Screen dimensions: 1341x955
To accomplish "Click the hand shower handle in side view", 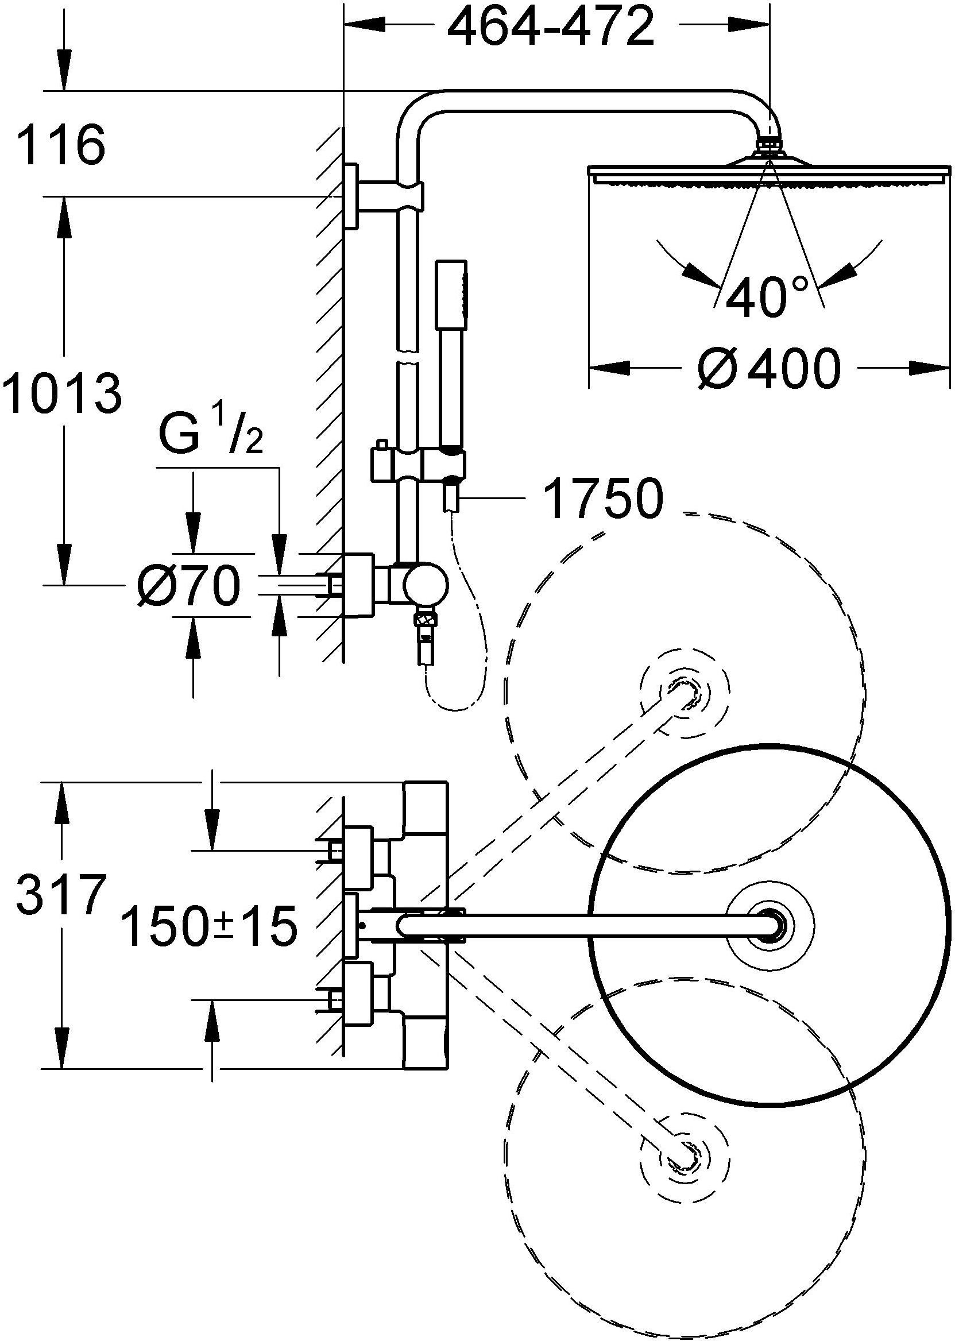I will tap(451, 359).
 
